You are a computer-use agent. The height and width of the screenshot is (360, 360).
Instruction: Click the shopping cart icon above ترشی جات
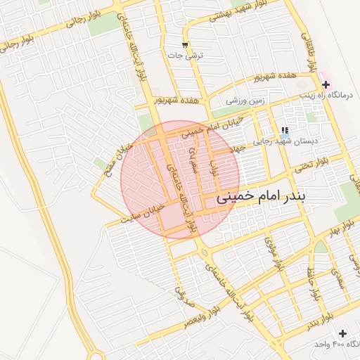(185, 45)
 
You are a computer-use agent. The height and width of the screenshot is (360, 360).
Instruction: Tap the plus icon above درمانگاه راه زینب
(325, 84)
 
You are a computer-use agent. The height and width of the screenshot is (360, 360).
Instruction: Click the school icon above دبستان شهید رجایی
(285, 130)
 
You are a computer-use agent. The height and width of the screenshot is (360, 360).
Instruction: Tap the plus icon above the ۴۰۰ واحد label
(342, 333)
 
